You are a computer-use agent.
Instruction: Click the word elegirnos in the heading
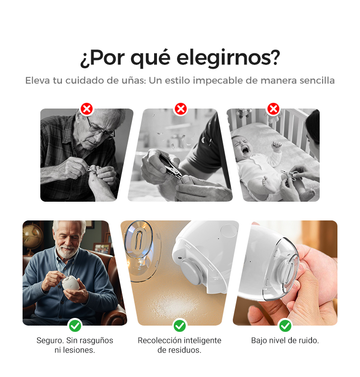click(228, 58)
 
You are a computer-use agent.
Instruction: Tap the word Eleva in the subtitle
click(37, 80)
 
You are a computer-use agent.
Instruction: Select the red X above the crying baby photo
click(273, 109)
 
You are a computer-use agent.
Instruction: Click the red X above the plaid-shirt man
click(87, 109)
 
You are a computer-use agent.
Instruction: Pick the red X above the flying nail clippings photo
click(181, 109)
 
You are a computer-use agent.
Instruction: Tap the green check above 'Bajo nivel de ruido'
click(285, 326)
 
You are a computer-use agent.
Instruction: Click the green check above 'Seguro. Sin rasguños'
click(75, 326)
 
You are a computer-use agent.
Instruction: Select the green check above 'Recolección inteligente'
click(180, 326)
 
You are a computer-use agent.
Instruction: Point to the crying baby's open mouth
click(245, 150)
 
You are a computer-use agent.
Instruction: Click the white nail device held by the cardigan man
click(71, 283)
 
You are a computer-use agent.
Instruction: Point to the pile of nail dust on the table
click(174, 305)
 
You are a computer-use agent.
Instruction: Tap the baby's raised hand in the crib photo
click(276, 146)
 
